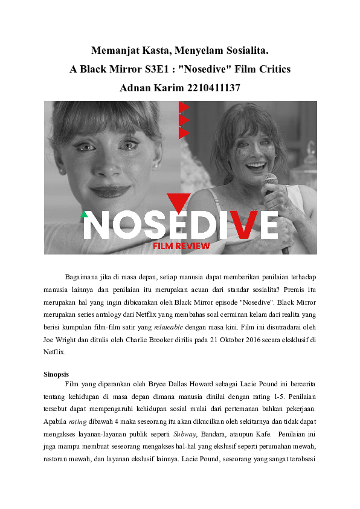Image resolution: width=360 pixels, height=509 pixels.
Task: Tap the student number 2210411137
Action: pos(207,88)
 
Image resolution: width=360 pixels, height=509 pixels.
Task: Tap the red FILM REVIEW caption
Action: pos(181,246)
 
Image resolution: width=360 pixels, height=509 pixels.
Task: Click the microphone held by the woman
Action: pos(270,182)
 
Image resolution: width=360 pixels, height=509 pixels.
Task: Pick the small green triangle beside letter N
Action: pos(84,214)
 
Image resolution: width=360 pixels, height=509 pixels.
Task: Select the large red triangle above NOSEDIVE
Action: pos(179,202)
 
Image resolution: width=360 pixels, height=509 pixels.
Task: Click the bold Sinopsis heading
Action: pos(56,374)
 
